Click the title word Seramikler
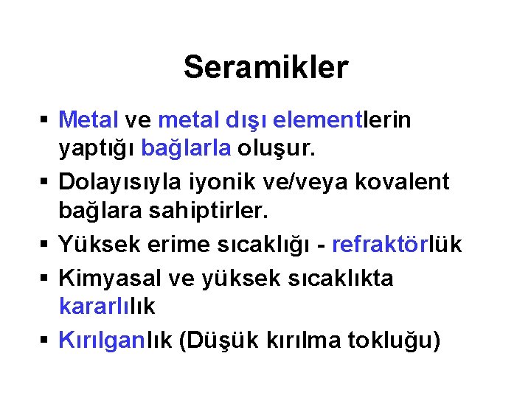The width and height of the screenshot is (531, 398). coord(265,68)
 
